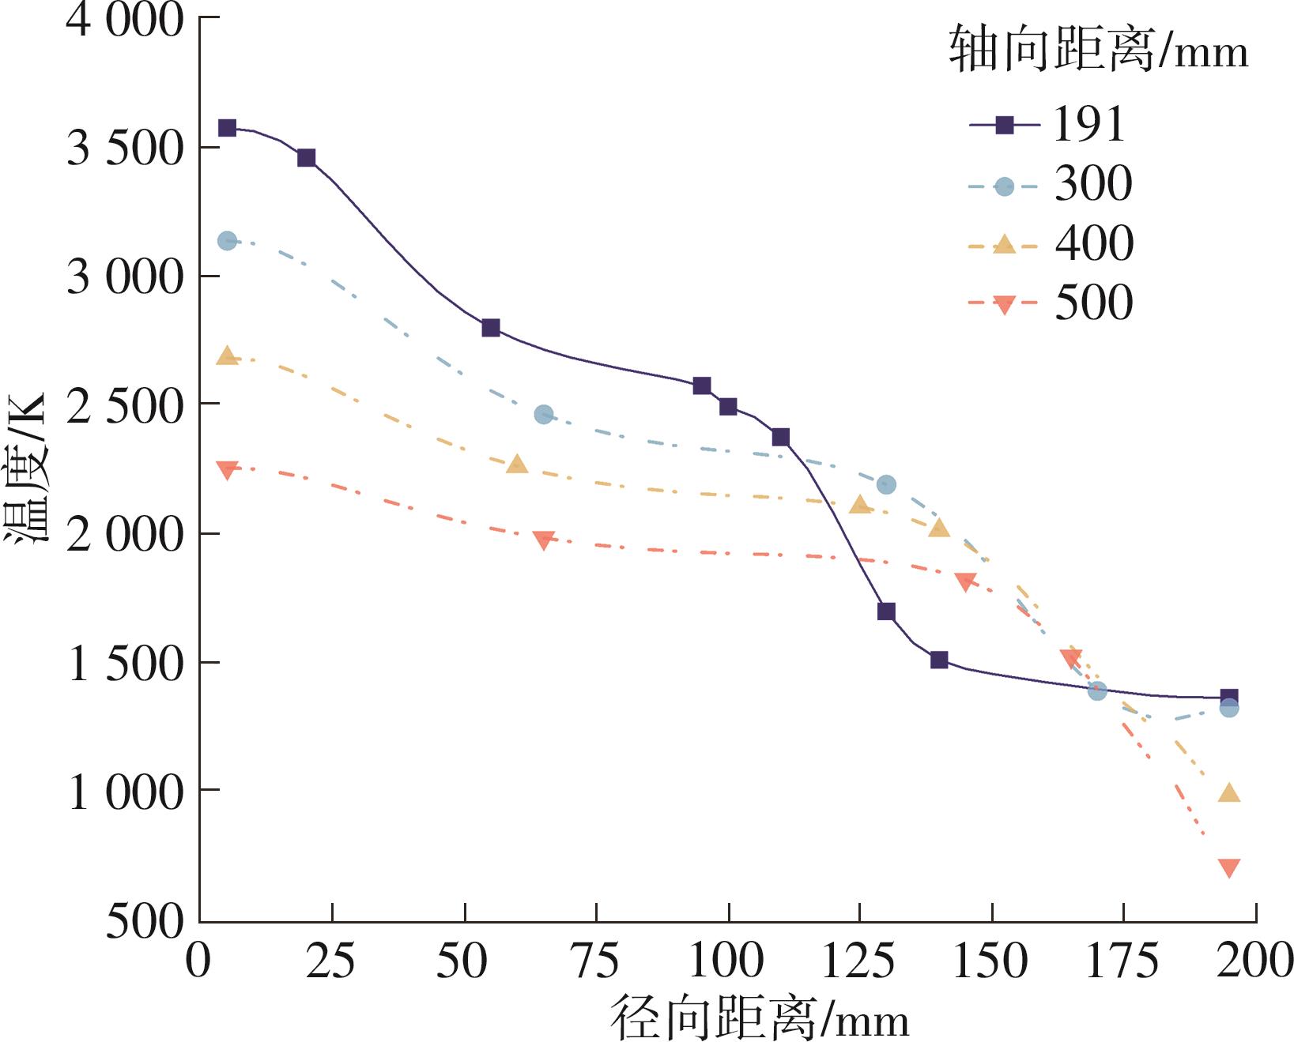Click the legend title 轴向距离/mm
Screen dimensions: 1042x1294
click(1098, 51)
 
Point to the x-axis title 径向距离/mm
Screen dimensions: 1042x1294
click(760, 1018)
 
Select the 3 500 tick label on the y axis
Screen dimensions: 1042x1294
click(125, 147)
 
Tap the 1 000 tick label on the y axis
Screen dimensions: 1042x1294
click(125, 791)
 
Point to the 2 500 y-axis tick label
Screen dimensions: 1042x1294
click(125, 405)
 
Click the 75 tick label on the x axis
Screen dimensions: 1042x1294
click(594, 961)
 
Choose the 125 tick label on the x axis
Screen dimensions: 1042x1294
click(858, 961)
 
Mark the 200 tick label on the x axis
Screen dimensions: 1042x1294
click(1254, 961)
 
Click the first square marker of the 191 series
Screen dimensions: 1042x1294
click(227, 128)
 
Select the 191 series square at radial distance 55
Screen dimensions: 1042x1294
click(491, 328)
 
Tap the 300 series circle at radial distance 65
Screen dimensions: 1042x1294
click(543, 415)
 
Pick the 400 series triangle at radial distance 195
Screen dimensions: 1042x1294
click(1229, 793)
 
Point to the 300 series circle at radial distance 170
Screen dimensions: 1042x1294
click(1097, 691)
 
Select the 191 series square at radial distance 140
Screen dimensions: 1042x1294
click(939, 660)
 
